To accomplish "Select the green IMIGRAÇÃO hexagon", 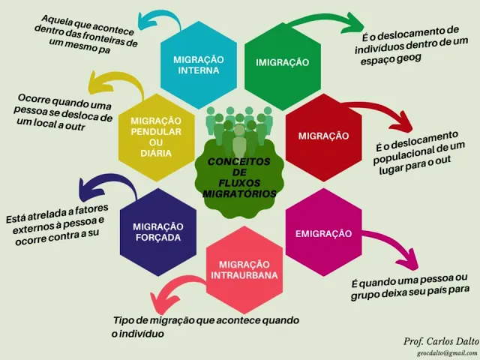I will point(281,61).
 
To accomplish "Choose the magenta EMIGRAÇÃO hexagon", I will point(323,232).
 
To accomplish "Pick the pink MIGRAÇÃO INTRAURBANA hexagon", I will point(244,268).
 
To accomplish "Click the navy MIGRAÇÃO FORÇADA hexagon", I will point(157,232).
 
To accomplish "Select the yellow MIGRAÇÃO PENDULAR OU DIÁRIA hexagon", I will point(156,136).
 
